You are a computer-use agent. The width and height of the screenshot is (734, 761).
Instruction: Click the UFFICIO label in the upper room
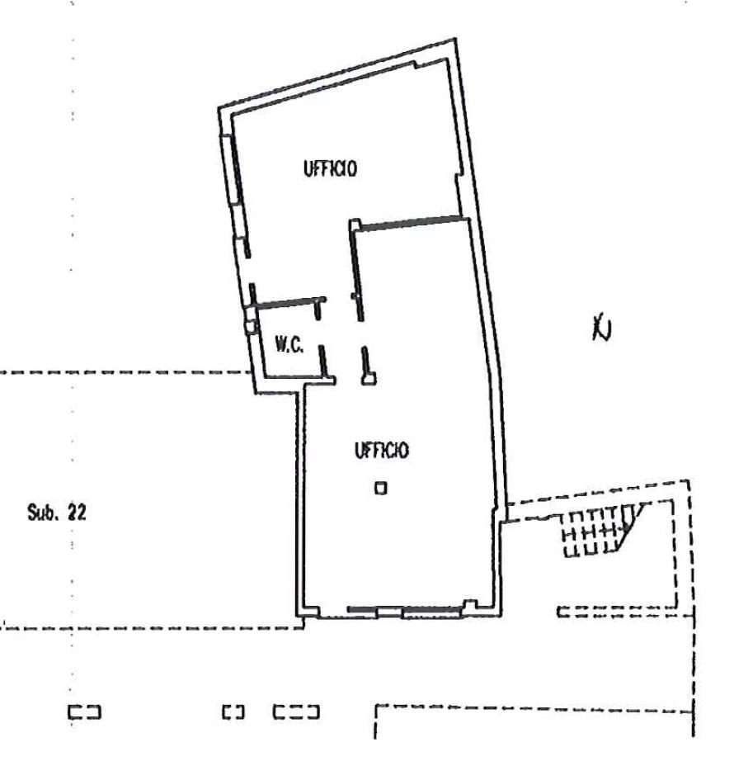tap(330, 168)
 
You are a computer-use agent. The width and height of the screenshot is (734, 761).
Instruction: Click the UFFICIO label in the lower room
tap(382, 450)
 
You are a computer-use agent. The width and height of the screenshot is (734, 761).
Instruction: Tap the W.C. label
tap(289, 345)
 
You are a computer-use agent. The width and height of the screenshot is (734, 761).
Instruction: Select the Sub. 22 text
tap(57, 513)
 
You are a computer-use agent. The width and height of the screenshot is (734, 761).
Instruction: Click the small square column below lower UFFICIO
tap(381, 488)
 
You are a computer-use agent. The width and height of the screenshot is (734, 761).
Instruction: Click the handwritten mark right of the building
tap(602, 329)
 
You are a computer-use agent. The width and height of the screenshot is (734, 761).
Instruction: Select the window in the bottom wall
tap(404, 611)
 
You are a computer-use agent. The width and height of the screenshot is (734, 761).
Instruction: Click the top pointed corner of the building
tap(455, 39)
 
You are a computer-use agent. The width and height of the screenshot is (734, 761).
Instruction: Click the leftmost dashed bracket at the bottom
tap(84, 712)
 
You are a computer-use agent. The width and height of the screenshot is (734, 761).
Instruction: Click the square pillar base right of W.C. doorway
tap(369, 378)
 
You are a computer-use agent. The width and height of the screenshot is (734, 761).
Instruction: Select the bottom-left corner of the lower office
tap(297, 616)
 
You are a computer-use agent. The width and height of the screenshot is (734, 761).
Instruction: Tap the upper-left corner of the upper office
tap(219, 108)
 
